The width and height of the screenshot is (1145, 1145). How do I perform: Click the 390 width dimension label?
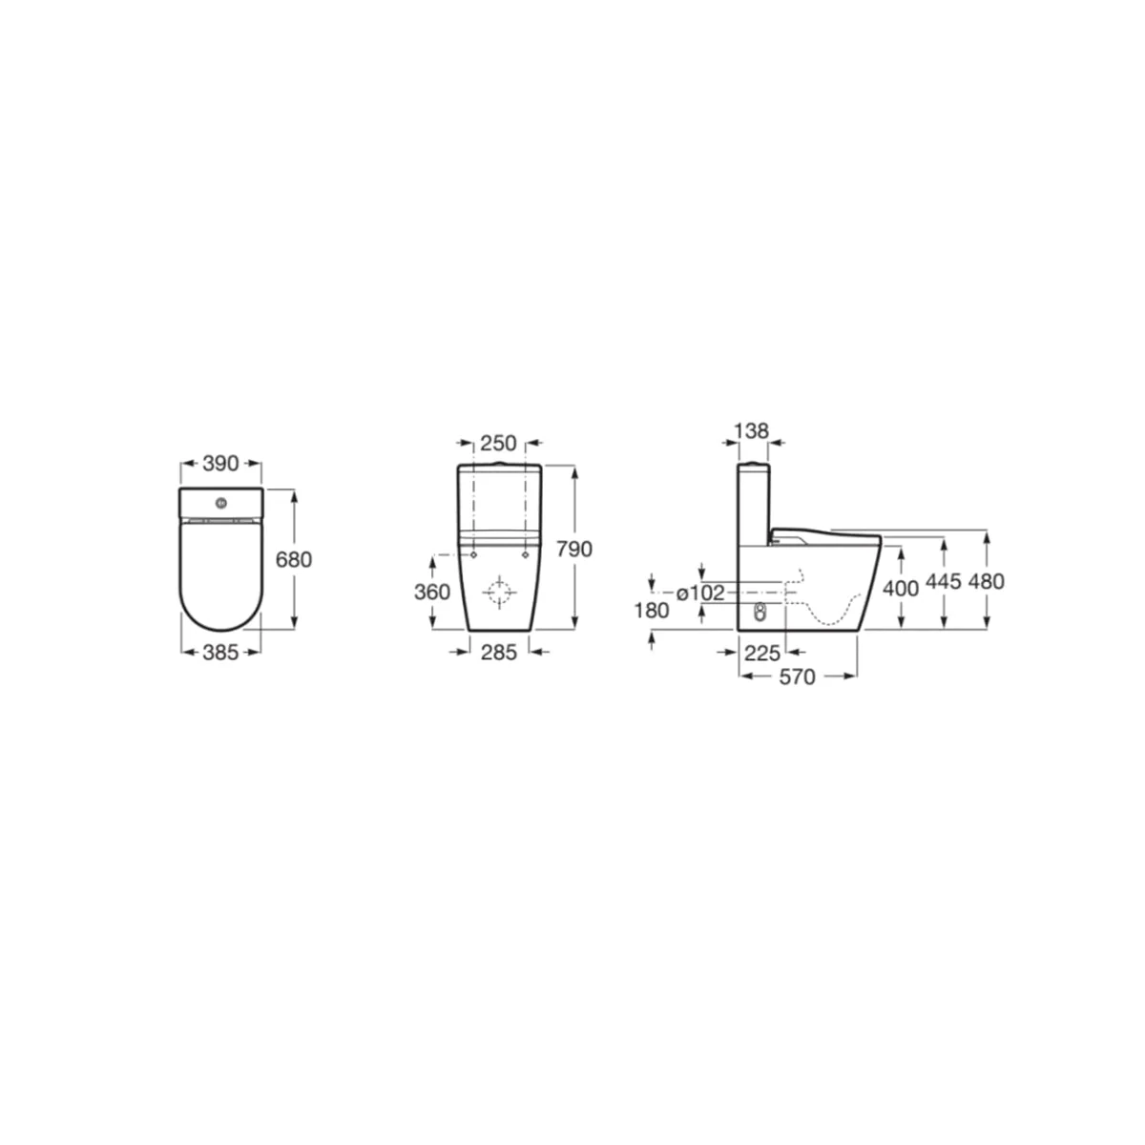point(220,464)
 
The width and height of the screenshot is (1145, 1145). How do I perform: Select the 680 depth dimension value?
point(294,560)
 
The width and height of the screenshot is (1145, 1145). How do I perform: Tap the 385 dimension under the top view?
point(220,653)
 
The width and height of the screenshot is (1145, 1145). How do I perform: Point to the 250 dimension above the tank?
point(498,444)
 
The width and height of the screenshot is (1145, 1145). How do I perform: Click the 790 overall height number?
point(574,550)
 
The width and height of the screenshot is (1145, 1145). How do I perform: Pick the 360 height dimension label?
point(432,593)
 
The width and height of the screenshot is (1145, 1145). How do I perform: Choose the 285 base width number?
point(499,653)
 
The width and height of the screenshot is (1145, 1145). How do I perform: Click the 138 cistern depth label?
point(751,430)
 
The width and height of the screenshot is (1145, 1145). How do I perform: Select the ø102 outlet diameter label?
point(701,593)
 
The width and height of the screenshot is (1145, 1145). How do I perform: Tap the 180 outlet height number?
point(652,611)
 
